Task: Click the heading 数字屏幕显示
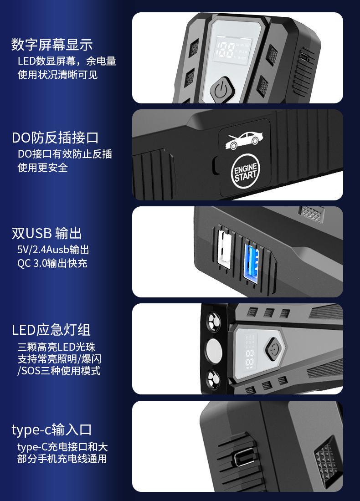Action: coord(52,45)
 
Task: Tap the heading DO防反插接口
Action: coord(55,138)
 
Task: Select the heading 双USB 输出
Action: coord(46,234)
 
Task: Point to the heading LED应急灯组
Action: coord(51,329)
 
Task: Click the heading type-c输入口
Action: coord(51,429)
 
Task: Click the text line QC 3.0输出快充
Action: coord(52,263)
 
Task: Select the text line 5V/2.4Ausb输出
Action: coord(53,250)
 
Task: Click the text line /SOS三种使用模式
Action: coord(59,371)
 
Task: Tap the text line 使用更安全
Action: coord(42,168)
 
